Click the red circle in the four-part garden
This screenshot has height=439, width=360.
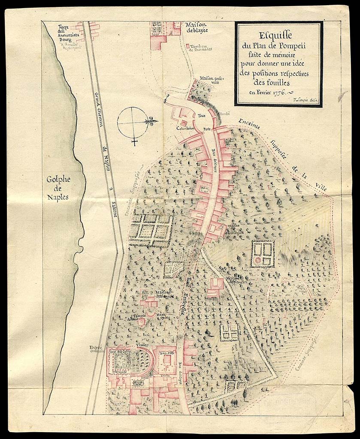point(257,260)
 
